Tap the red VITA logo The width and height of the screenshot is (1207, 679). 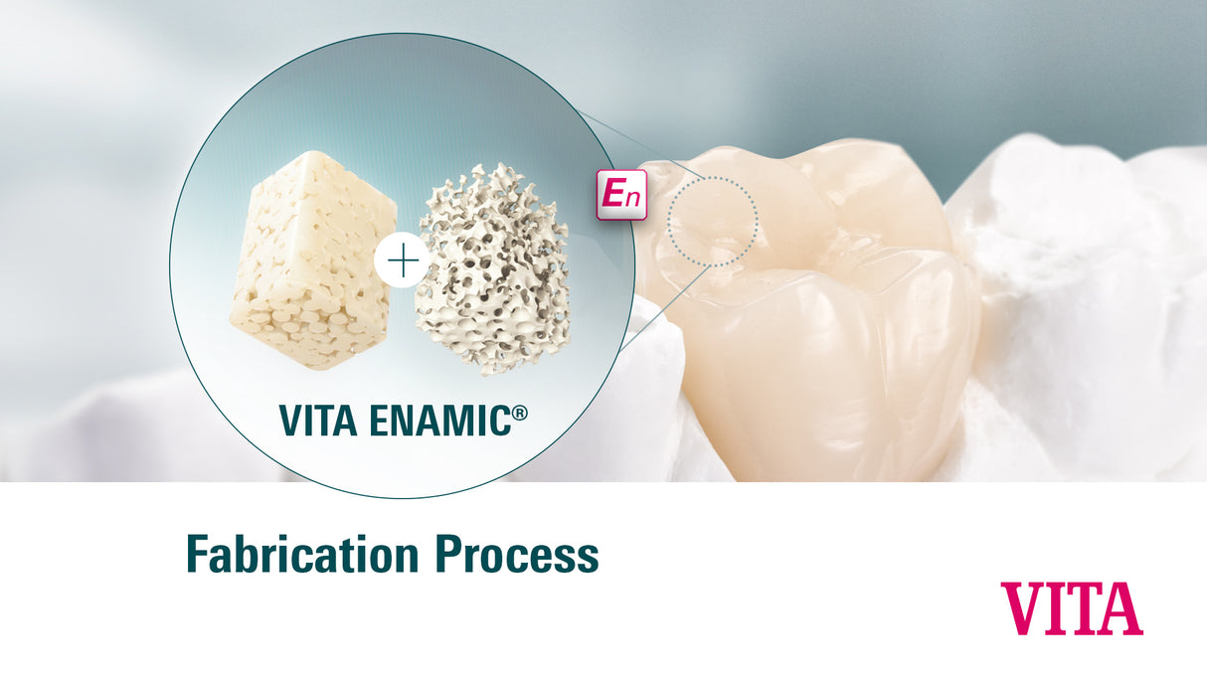[x=1072, y=608]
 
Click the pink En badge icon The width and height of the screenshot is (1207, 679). [x=621, y=194]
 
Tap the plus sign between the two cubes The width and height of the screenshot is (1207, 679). [x=403, y=262]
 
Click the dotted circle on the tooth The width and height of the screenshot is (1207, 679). [x=712, y=221]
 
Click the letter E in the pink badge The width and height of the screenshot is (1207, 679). [x=613, y=194]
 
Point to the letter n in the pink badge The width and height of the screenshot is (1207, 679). [x=632, y=198]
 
